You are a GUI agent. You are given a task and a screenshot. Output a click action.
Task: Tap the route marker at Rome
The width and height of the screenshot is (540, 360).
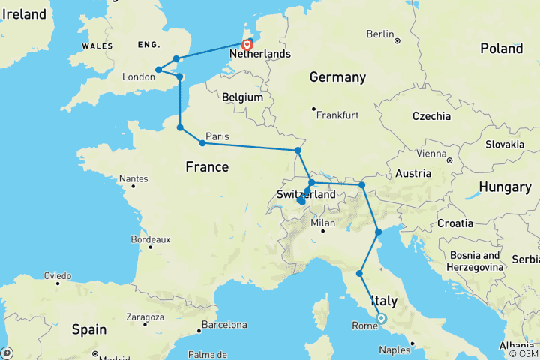point(381,318)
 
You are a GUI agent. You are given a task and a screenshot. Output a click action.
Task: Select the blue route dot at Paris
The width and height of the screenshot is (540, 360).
point(202,143)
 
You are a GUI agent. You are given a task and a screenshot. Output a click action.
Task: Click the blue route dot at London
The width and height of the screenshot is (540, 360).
point(158,70)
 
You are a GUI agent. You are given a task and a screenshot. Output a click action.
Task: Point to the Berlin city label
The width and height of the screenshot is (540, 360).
point(379,34)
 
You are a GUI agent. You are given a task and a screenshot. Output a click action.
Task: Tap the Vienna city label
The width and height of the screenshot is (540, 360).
point(431,154)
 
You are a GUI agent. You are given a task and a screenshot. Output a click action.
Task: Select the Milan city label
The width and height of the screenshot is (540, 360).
point(322,223)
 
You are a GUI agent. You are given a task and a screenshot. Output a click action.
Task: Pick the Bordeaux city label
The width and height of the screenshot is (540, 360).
point(150,239)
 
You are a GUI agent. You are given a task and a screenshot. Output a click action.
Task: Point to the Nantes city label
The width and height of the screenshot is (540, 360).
point(132,178)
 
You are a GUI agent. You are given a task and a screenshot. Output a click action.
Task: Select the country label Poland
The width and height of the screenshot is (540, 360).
point(501,49)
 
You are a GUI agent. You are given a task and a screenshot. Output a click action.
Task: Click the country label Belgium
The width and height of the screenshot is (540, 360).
point(243,97)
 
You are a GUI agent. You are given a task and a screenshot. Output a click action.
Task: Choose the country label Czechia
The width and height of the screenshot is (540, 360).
point(431,116)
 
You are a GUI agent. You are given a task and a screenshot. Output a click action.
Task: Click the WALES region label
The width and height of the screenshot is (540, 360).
point(97,46)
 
